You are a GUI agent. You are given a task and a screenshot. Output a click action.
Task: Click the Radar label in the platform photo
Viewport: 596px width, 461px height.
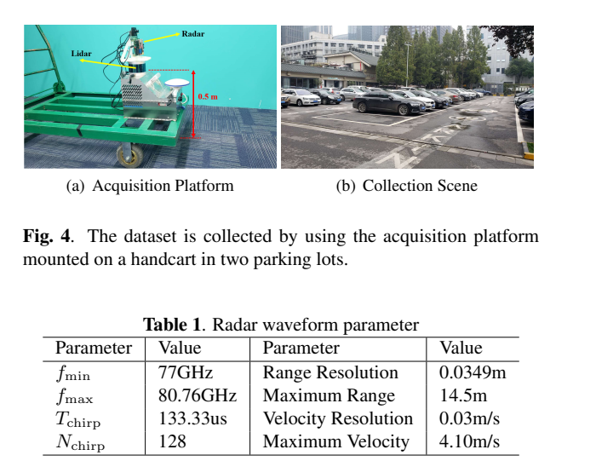coord(193,34)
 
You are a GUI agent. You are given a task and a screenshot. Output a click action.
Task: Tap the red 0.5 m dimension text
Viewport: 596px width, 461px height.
coord(208,97)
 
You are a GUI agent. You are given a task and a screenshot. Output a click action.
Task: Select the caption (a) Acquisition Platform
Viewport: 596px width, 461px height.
coord(150,186)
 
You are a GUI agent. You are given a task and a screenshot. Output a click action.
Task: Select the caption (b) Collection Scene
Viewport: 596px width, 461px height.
coord(407,186)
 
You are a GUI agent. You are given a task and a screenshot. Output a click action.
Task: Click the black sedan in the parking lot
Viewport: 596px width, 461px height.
coord(388,104)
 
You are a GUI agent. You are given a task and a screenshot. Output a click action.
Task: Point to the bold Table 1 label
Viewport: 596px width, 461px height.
coord(174,325)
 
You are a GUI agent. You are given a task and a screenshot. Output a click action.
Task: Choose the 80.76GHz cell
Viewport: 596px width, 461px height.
coord(198,395)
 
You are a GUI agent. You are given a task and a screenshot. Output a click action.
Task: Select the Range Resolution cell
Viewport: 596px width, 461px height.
coord(330,372)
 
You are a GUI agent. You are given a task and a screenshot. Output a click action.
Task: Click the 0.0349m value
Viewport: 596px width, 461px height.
coord(471,372)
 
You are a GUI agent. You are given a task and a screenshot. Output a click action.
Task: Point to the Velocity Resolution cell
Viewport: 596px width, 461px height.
coord(337,418)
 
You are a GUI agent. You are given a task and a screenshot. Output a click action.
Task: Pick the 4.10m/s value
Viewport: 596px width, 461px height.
coord(469,441)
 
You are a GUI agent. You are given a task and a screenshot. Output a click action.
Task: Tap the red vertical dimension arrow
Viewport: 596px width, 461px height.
coord(195,103)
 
